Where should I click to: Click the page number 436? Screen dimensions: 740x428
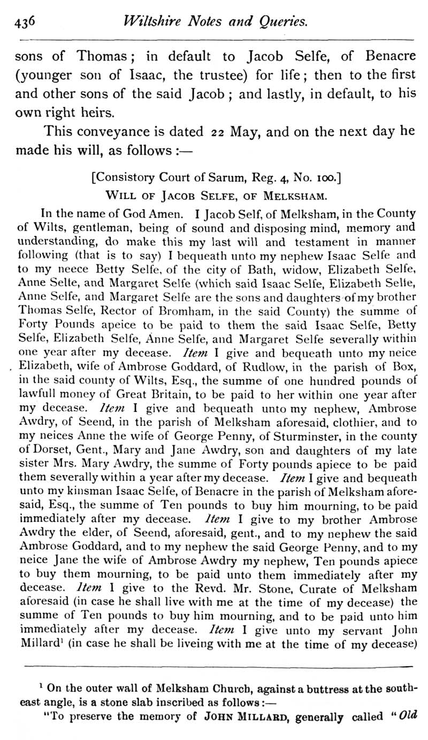[x=25, y=21]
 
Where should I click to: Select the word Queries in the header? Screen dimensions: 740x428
[x=281, y=21]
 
